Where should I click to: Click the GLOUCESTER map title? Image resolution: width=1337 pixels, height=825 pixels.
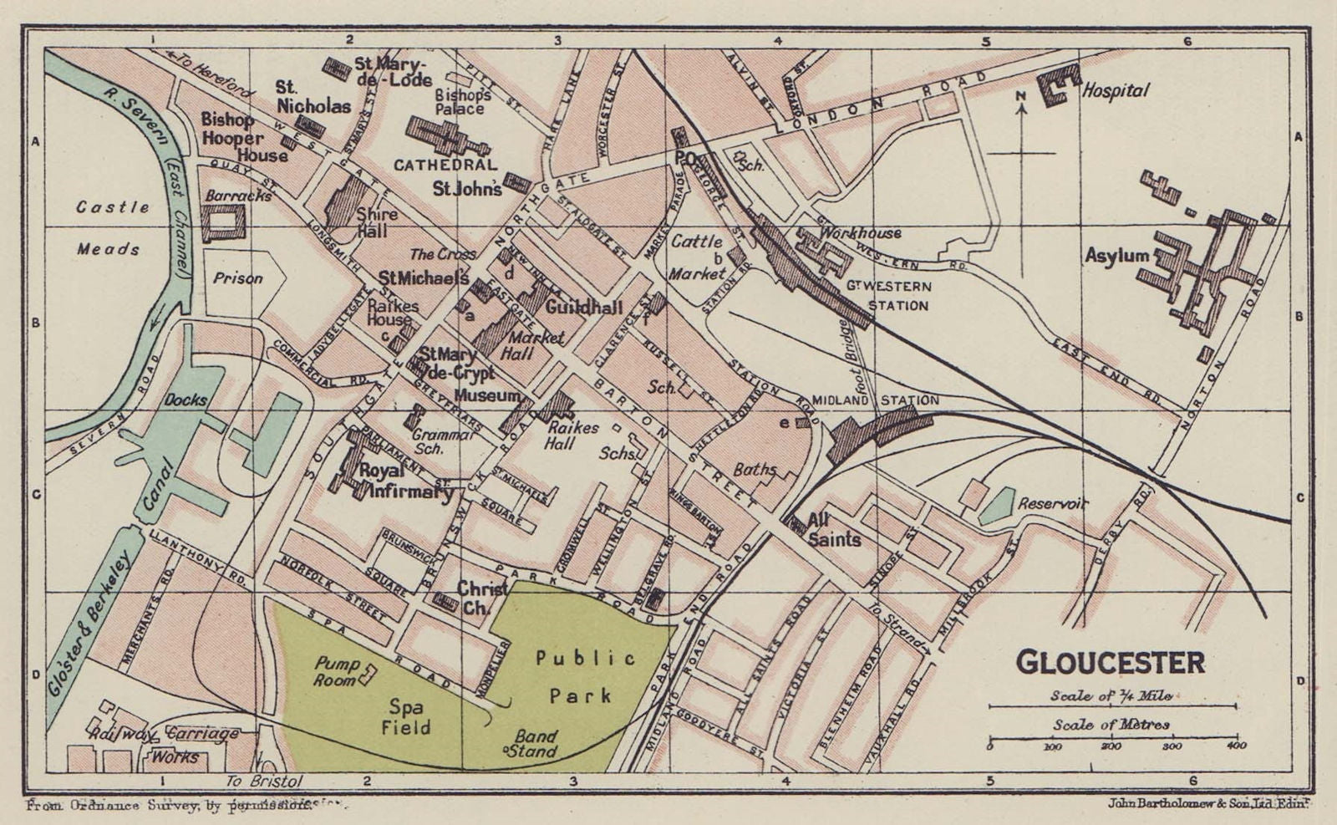pyautogui.click(x=1111, y=663)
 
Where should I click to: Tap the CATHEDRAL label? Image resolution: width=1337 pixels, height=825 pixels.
pyautogui.click(x=445, y=165)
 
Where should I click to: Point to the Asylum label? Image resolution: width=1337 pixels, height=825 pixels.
pyautogui.click(x=1116, y=256)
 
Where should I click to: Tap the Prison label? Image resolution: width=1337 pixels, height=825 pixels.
pyautogui.click(x=237, y=278)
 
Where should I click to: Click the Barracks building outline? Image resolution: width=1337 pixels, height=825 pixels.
pyautogui.click(x=223, y=222)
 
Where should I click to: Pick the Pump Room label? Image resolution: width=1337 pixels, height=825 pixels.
pyautogui.click(x=338, y=672)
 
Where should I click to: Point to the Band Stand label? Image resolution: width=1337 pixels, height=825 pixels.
pyautogui.click(x=536, y=744)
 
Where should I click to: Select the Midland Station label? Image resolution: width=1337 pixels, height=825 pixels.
pyautogui.click(x=875, y=400)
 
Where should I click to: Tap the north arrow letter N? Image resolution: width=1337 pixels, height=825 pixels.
pyautogui.click(x=1020, y=97)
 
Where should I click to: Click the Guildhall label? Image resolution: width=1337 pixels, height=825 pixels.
pyautogui.click(x=584, y=308)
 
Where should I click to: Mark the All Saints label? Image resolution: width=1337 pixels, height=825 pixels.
pyautogui.click(x=833, y=531)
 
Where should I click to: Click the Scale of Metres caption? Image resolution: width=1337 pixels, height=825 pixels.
pyautogui.click(x=1111, y=725)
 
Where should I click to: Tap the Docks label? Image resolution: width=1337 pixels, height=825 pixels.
pyautogui.click(x=185, y=400)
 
